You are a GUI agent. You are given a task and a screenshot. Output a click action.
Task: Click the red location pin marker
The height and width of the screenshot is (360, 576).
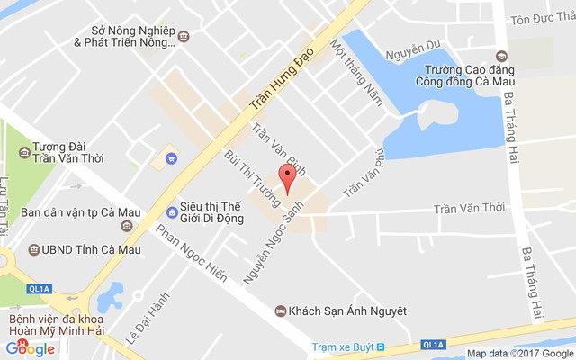click(x=287, y=176)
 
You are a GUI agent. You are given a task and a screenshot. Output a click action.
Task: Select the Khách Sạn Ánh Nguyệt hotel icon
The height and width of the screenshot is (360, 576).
click(x=281, y=310)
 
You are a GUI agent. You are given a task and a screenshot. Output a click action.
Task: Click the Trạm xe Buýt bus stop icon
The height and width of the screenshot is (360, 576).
click(x=380, y=346)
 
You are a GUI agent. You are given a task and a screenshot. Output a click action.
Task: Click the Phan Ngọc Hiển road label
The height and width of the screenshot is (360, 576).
click(x=191, y=253)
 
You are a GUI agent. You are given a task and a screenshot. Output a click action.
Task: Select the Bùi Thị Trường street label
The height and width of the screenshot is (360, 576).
click(x=247, y=178)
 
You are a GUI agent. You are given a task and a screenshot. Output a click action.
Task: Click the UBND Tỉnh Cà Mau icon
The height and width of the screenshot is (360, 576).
click(x=32, y=249)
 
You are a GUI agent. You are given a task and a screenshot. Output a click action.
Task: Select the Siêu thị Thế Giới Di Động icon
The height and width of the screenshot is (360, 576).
click(x=172, y=212)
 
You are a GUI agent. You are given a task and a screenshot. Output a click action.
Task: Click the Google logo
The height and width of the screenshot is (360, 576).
click(x=30, y=349)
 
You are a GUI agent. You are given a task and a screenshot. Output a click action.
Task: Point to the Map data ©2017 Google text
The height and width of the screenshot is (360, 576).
click(x=519, y=354)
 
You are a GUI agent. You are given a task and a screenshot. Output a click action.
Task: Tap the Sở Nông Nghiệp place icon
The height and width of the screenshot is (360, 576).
click(x=184, y=36)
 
